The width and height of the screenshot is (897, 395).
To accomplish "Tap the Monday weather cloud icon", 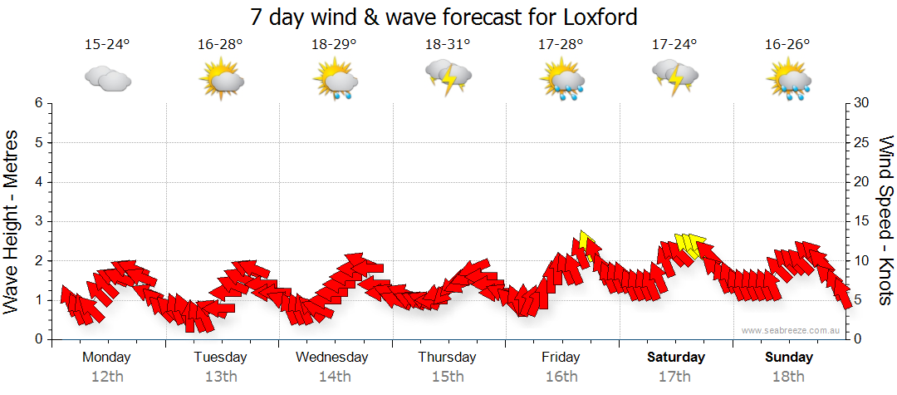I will [x=108, y=79].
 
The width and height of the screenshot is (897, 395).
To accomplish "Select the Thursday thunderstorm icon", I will [x=448, y=77].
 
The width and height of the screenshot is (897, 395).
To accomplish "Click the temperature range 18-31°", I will [x=448, y=45].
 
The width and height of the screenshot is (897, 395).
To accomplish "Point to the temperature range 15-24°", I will [x=107, y=45].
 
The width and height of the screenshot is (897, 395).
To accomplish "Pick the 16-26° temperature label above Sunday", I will [x=787, y=45].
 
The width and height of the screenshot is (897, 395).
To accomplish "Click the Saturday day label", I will [x=675, y=358].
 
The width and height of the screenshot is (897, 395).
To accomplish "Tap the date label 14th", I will [x=334, y=377].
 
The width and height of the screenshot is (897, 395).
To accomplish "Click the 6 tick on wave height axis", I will [x=38, y=103].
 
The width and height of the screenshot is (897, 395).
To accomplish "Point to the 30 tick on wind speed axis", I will [x=862, y=103].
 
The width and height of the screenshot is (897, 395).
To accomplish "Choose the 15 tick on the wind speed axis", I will [x=862, y=221].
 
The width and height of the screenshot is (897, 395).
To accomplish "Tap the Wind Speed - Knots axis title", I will [x=885, y=220].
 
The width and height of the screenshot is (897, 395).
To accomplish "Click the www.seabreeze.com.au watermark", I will [x=792, y=330].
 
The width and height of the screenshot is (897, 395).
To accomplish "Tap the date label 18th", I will [x=788, y=377].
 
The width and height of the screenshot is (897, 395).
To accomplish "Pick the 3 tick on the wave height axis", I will [x=38, y=221].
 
